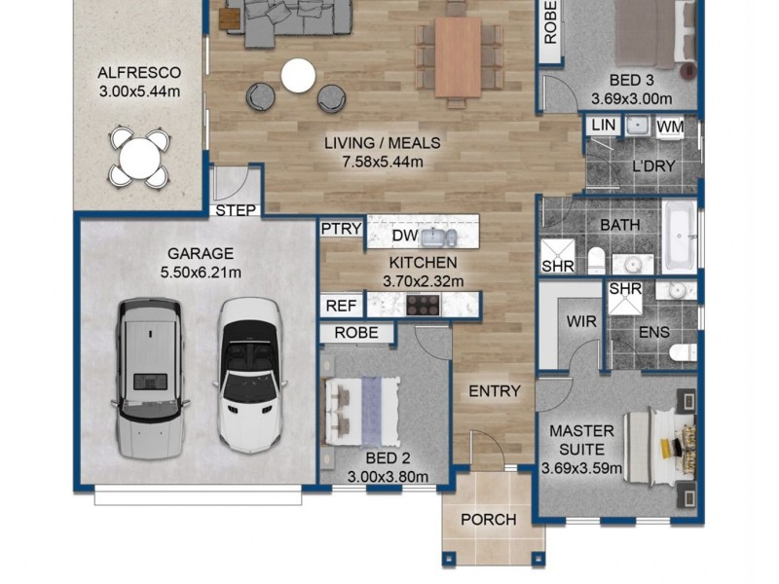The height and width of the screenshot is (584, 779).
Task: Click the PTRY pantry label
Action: click(342, 229)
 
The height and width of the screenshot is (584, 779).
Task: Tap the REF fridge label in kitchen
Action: click(342, 306)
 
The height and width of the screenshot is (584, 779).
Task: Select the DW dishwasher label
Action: click(405, 236)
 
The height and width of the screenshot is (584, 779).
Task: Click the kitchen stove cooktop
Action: click(423, 305)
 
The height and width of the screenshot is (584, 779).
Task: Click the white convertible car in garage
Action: click(250, 375)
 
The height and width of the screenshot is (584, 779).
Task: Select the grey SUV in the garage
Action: click(150, 379)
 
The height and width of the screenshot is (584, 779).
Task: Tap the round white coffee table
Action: click(298, 76)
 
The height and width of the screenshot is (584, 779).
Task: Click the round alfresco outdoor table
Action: click(139, 158)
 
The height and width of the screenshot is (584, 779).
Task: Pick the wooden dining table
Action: click(458, 56)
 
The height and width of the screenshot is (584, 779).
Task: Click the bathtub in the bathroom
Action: click(680, 237)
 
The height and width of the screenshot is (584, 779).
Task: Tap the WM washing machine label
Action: click(670, 128)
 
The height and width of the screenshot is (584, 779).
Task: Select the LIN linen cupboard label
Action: click(604, 125)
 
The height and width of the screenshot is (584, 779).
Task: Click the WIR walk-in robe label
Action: click(581, 321)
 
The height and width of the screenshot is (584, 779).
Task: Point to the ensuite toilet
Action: click(684, 352)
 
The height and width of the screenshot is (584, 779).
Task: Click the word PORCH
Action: click(489, 520)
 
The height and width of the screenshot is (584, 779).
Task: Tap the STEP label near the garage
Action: click(236, 210)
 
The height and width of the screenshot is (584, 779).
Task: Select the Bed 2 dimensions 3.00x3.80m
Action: click(388, 477)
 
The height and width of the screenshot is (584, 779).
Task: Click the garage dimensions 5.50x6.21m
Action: click(201, 273)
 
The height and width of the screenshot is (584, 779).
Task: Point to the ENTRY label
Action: click(495, 391)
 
